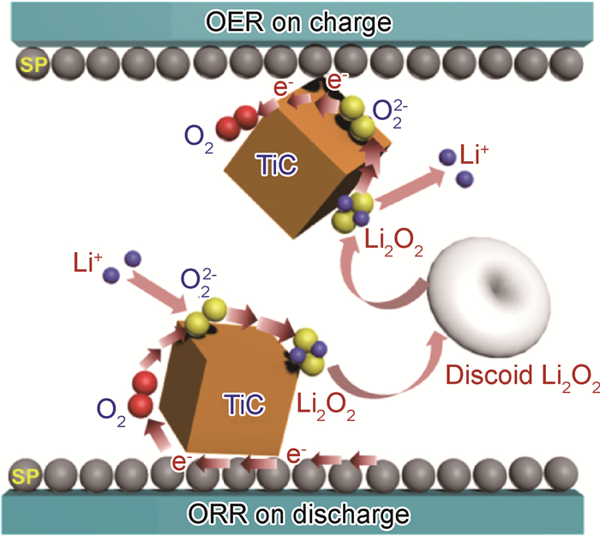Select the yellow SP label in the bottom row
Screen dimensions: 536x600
[24, 474]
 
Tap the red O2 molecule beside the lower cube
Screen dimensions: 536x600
[141, 391]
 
